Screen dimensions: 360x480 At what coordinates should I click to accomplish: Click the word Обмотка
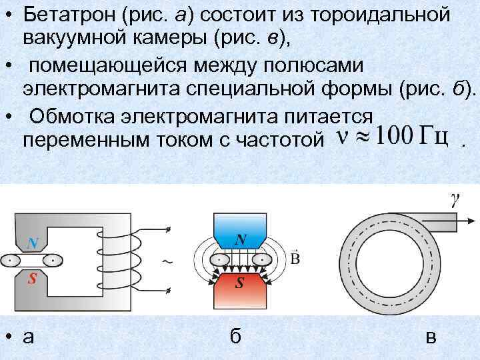(71, 116)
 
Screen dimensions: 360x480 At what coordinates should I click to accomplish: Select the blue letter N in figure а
(31, 242)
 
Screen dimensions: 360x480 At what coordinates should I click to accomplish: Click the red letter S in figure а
(31, 279)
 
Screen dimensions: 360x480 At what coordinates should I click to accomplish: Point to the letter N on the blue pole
(240, 238)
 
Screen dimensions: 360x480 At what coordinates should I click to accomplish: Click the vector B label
(295, 256)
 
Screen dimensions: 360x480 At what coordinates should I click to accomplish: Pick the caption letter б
(235, 337)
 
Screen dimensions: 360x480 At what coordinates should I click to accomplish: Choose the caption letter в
(431, 337)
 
